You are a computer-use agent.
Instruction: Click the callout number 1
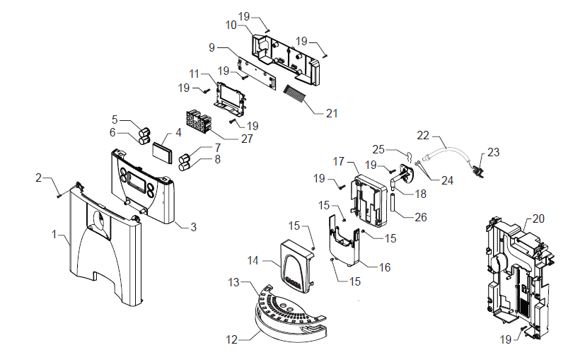pyautogui.click(x=53, y=233)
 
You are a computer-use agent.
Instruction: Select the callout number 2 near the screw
pyautogui.click(x=39, y=178)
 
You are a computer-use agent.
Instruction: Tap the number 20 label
pyautogui.click(x=538, y=218)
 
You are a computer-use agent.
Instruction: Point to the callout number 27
pyautogui.click(x=247, y=139)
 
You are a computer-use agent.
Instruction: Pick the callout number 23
pyautogui.click(x=494, y=151)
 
